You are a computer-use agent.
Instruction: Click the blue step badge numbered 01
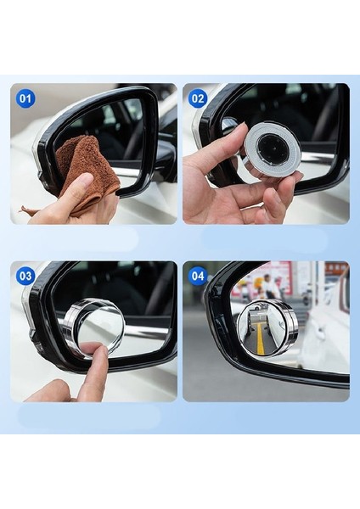tap(25, 98)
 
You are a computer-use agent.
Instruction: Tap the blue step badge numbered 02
tap(198, 98)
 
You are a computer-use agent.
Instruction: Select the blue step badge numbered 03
tap(25, 276)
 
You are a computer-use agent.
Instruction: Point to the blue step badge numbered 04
tap(198, 276)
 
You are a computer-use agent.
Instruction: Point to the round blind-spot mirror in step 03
tap(93, 327)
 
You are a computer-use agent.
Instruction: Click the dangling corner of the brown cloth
tap(31, 210)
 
